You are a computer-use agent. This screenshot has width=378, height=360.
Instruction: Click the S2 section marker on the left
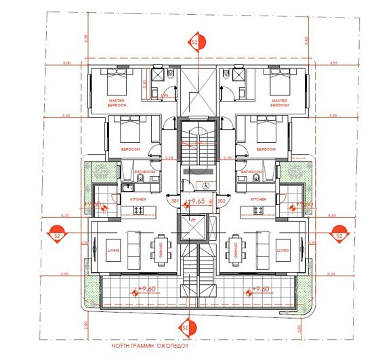[x=58, y=235]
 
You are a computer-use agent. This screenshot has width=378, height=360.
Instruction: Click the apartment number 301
[x=174, y=201]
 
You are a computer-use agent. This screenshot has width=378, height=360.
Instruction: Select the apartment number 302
[x=221, y=201]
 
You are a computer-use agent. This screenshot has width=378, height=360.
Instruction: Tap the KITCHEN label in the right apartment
[x=258, y=200]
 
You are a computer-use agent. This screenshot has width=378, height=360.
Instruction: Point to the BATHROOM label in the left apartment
[x=145, y=173]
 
